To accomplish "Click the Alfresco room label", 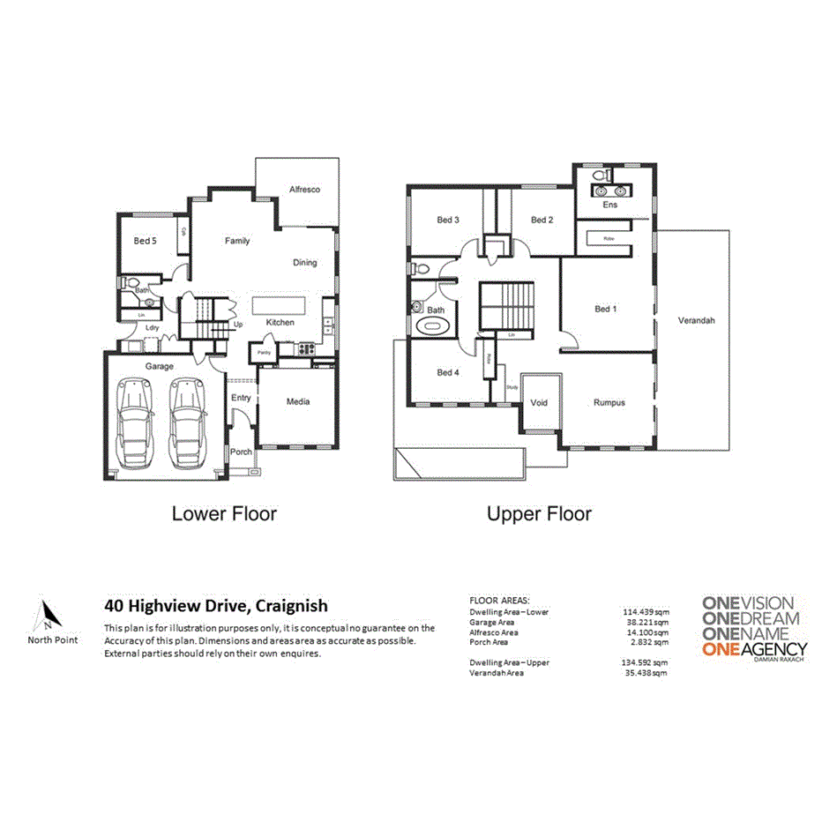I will (x=303, y=190).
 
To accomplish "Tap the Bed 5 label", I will (x=146, y=240).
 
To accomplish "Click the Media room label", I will (x=297, y=401).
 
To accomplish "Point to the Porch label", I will (x=241, y=452).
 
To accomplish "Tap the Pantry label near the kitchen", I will (x=264, y=352).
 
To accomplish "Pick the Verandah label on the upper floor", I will (x=696, y=321).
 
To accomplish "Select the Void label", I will (x=539, y=402).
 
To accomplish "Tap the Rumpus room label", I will (x=609, y=402).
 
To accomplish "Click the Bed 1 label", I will (x=606, y=309).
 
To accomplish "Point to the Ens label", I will (x=609, y=205).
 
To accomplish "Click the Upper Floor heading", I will (x=539, y=513).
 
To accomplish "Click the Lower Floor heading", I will (x=224, y=513).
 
